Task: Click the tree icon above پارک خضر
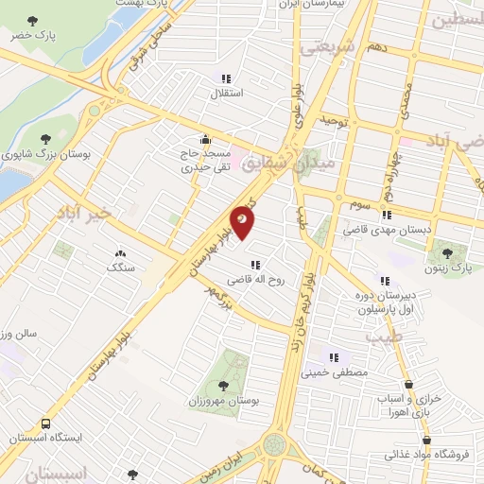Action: [34, 20]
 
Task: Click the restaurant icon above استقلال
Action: [225, 79]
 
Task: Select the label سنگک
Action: [120, 268]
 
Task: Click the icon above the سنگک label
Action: [120, 253]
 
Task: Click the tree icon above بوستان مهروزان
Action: [223, 385]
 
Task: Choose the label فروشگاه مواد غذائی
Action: [429, 455]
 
